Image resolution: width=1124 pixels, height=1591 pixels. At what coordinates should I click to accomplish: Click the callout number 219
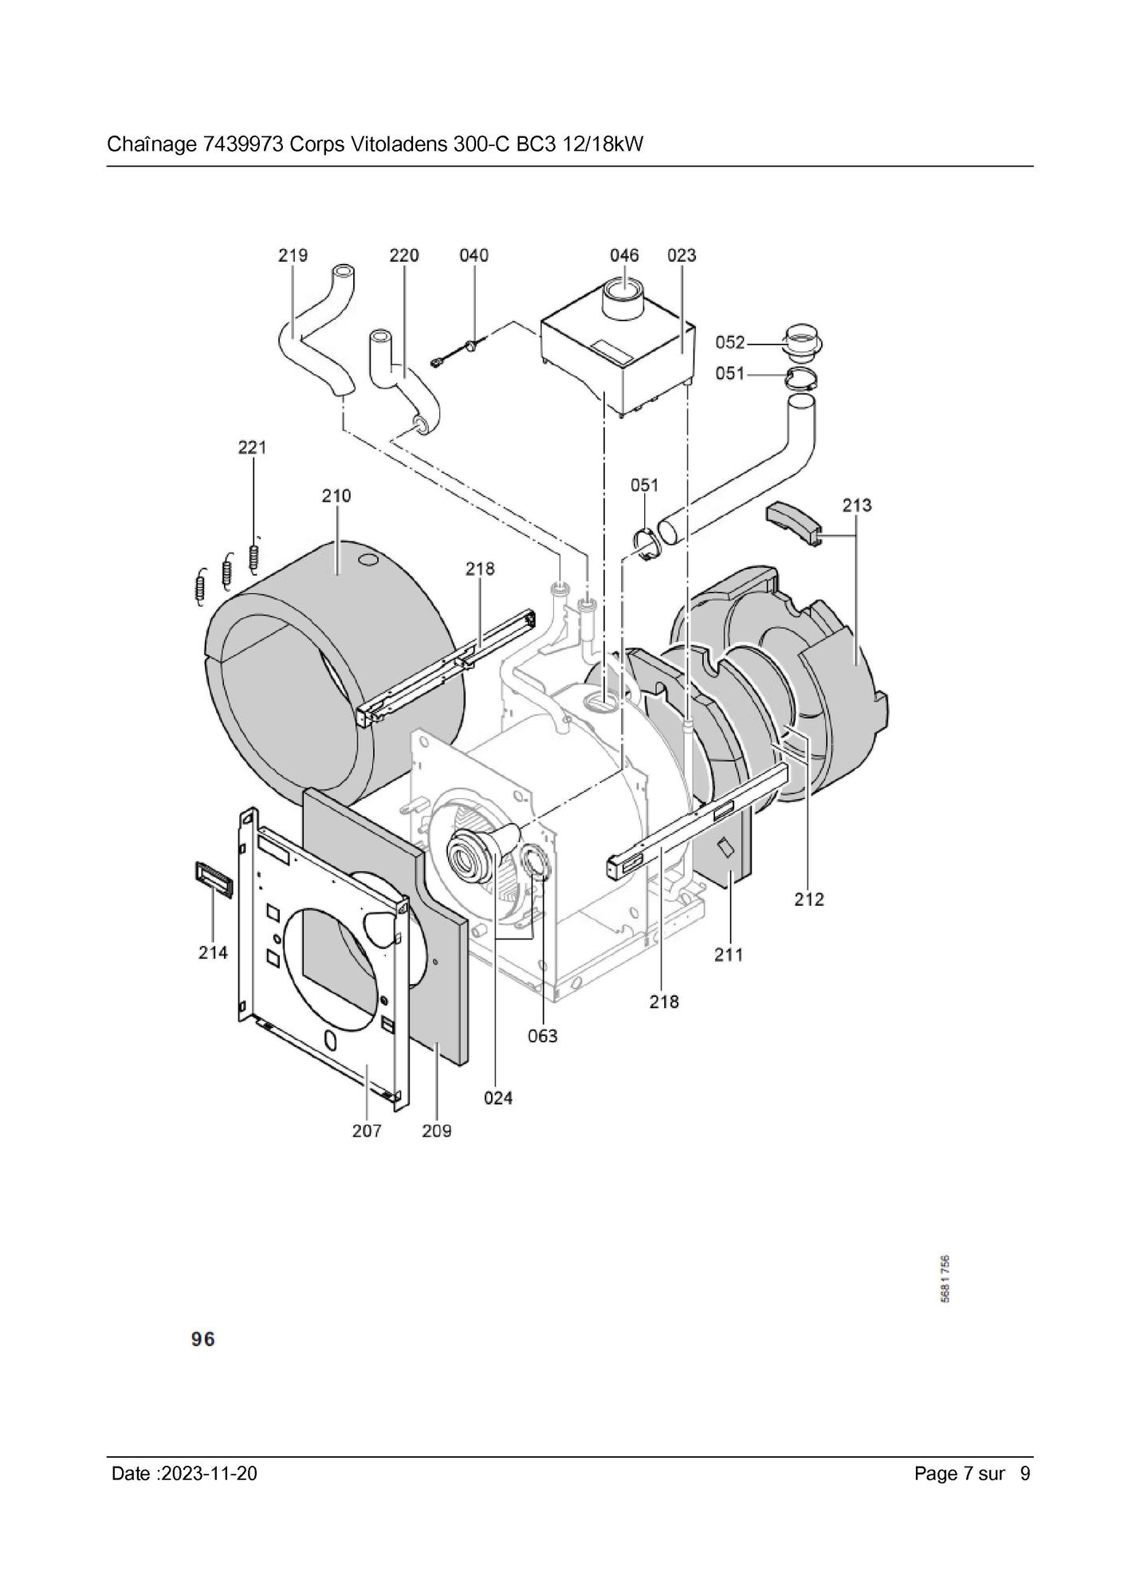tap(293, 255)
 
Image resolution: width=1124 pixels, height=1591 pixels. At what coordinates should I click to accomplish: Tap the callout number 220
tap(404, 255)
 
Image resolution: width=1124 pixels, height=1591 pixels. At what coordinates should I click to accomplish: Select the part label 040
tap(474, 255)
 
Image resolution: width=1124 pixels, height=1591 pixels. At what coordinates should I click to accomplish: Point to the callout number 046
tap(624, 255)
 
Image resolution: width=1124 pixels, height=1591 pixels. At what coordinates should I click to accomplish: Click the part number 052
tap(729, 342)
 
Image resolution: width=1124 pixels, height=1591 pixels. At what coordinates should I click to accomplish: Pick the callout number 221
tap(252, 447)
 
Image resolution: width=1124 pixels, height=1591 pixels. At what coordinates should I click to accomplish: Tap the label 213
tap(857, 505)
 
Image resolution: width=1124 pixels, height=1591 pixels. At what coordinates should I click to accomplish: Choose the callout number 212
tap(809, 899)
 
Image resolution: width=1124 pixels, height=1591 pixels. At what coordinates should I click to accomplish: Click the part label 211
tap(729, 954)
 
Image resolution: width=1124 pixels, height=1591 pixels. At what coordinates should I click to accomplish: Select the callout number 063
tap(543, 1036)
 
